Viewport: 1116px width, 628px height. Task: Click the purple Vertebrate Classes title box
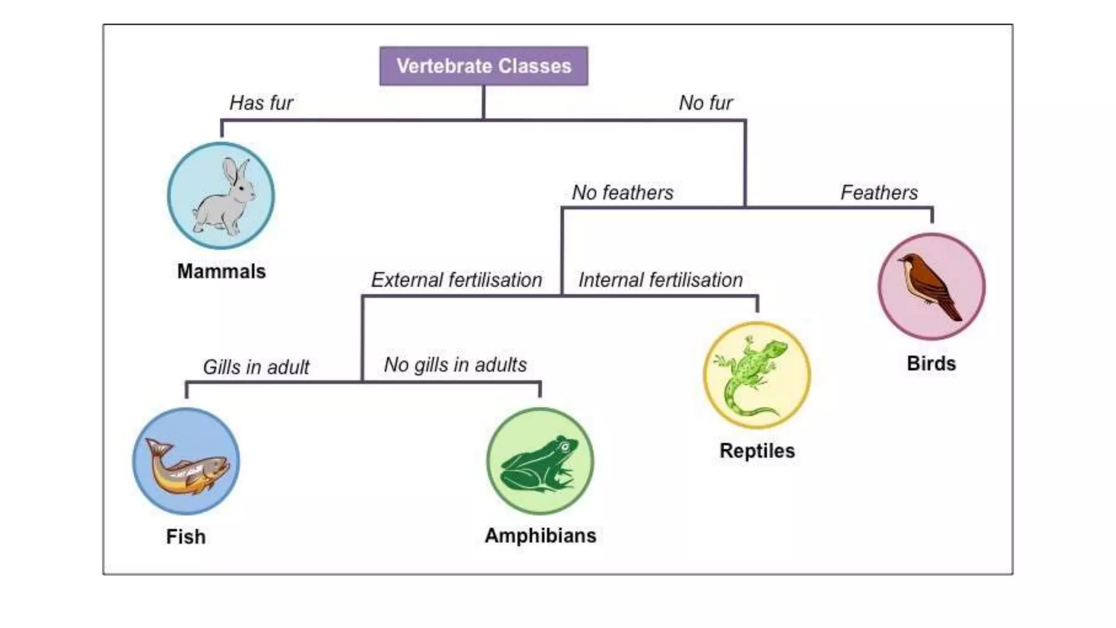(483, 66)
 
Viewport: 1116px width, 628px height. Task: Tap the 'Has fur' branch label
(261, 102)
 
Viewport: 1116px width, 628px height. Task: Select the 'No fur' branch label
(706, 102)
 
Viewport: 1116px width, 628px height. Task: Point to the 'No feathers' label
(622, 192)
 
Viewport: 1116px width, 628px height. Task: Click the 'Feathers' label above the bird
(879, 192)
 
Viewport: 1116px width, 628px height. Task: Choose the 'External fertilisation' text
(457, 280)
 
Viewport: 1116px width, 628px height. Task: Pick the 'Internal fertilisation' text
(660, 280)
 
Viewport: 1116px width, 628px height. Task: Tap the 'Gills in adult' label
(256, 367)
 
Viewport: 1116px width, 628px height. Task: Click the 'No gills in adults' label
(456, 364)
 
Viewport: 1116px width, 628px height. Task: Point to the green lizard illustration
(752, 376)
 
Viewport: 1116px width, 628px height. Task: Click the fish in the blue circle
(188, 466)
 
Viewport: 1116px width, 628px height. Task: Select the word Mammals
(221, 271)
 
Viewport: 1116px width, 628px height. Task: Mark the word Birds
(931, 364)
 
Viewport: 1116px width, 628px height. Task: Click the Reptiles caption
(757, 451)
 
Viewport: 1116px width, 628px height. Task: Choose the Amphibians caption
(540, 535)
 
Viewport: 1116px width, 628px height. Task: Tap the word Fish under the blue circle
(186, 536)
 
